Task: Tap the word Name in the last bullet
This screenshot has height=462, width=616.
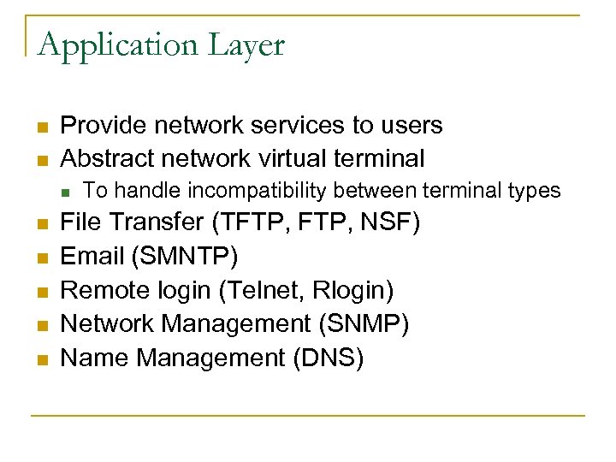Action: point(95,358)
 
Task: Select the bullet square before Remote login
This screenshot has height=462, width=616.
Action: point(40,293)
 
